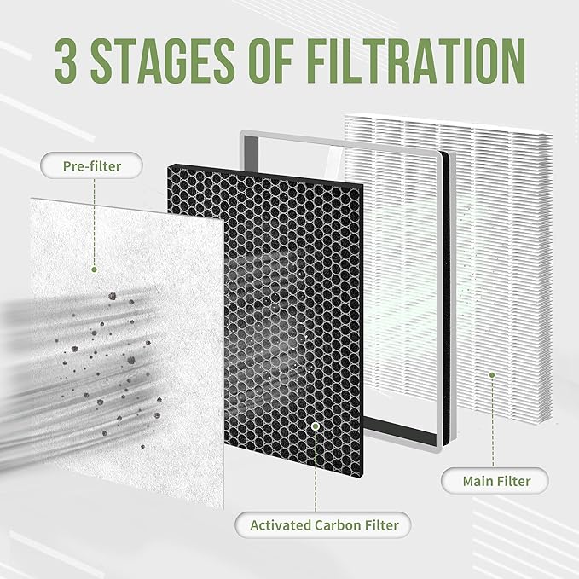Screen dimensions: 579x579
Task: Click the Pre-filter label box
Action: point(92,165)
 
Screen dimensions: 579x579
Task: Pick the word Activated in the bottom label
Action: point(281,524)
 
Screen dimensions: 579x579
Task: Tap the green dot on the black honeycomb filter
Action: point(315,425)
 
